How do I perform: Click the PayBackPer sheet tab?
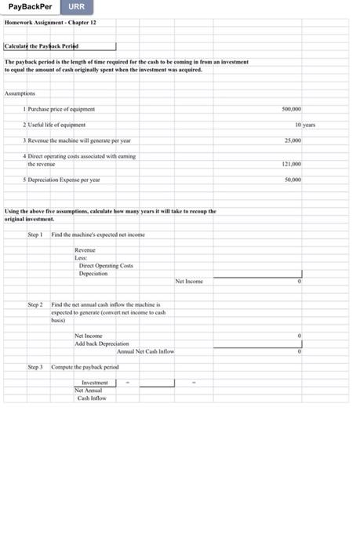31,7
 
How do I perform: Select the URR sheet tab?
76,7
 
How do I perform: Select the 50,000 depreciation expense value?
291,179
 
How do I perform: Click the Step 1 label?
35,235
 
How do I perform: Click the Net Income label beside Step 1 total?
188,281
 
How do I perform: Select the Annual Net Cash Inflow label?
145,351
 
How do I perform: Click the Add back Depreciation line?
101,344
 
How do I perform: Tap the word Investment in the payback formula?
95,383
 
